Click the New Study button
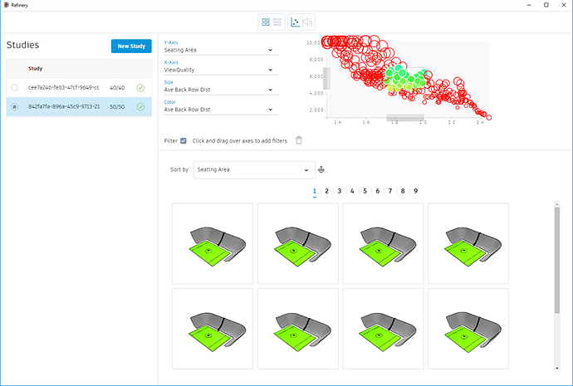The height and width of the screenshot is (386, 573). point(131,46)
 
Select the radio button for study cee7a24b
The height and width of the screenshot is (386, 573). point(15,87)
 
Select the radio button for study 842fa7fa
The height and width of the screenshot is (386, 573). point(15,106)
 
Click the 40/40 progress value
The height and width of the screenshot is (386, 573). point(118,87)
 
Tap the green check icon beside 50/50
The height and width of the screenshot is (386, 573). point(140,106)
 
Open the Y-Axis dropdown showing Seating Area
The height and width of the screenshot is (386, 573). point(218,50)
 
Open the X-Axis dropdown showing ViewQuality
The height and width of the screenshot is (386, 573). point(218,70)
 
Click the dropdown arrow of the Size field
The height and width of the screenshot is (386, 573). point(271,90)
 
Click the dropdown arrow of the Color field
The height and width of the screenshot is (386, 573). point(271,109)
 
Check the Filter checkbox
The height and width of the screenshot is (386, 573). point(184,140)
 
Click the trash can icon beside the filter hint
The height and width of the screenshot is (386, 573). point(299,140)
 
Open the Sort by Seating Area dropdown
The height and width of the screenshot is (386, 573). point(254,169)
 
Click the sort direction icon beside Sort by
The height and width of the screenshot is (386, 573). point(322,169)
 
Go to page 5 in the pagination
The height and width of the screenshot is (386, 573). point(365,191)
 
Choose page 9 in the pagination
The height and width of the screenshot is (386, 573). point(415,191)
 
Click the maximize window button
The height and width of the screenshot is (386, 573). point(546,5)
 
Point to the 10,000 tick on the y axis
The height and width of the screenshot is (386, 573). point(314,42)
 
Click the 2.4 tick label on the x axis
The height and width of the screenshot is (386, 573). point(480,123)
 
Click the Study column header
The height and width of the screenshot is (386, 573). point(36,68)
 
